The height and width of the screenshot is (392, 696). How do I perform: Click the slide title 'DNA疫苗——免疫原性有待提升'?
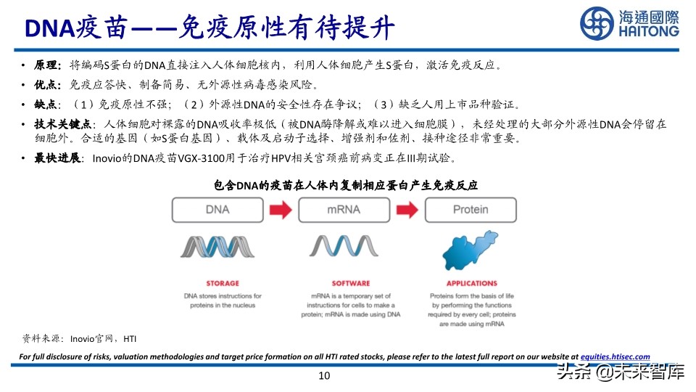point(210,28)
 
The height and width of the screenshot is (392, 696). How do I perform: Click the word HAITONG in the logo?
point(648,32)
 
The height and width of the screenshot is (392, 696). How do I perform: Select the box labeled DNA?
point(217,209)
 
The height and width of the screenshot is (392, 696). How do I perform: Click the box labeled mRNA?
point(345,209)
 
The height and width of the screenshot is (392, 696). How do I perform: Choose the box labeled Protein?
point(471,209)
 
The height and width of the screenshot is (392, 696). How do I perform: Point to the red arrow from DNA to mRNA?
point(281,209)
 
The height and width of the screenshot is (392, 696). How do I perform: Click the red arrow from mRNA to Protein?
point(407,209)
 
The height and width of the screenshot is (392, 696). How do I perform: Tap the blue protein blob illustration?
point(471,251)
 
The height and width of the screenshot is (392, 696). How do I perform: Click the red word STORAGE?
point(217,284)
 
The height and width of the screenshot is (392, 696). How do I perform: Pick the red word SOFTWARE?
point(345,284)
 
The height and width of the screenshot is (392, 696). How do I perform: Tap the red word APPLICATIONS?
point(471,284)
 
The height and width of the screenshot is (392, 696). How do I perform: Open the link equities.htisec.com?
point(615,356)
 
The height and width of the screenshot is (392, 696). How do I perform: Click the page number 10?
point(324,375)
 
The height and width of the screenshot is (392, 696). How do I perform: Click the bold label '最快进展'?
point(57,158)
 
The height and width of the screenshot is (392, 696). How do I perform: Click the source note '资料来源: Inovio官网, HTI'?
point(79,338)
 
